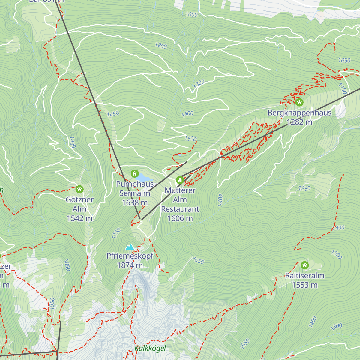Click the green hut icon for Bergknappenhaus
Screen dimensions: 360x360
point(299,103)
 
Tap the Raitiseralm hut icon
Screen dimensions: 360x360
point(304,265)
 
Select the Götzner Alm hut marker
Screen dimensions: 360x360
point(79,189)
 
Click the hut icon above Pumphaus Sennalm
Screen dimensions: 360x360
point(135,173)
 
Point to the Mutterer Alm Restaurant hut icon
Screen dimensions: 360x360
point(180,180)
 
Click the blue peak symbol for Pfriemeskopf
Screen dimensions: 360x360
point(130,247)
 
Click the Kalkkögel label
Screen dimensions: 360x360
point(150,348)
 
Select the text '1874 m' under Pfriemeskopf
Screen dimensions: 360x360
point(130,265)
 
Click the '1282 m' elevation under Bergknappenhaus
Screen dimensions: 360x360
point(299,122)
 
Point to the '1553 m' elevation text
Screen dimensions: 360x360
point(304,285)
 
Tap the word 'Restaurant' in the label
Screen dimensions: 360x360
point(180,209)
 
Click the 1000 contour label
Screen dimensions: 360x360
point(191,14)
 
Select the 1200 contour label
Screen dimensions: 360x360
point(161,46)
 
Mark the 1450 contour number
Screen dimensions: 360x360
point(113,114)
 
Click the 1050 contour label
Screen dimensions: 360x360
point(344,60)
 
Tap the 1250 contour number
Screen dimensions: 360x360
point(304,188)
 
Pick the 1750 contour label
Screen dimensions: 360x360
point(116,233)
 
